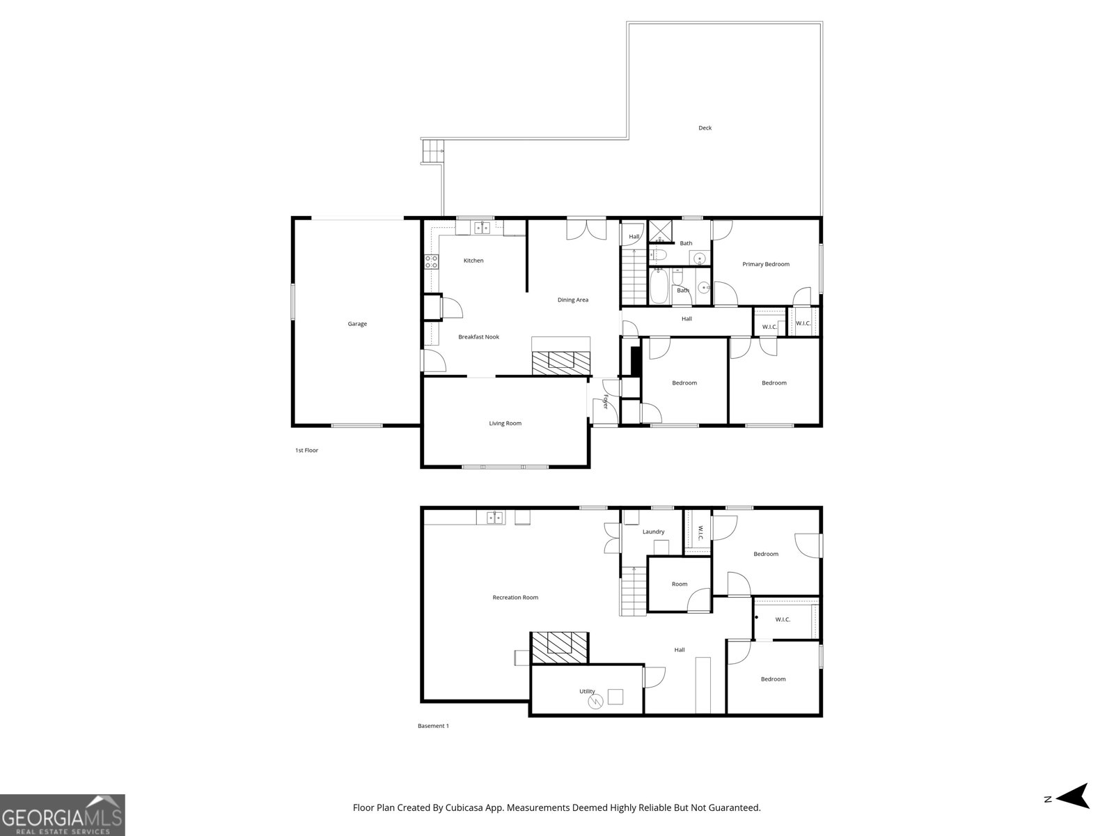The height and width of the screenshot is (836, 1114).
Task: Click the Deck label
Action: click(705, 127)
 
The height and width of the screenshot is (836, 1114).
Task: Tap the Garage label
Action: click(357, 323)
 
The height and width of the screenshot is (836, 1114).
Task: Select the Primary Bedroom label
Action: click(765, 264)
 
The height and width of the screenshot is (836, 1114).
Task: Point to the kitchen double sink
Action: click(482, 227)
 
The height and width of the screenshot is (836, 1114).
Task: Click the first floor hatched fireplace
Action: click(560, 362)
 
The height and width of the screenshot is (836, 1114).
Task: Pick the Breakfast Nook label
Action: click(478, 336)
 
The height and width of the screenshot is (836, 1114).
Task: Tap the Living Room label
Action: click(505, 423)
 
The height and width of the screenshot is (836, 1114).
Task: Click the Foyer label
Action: click(606, 401)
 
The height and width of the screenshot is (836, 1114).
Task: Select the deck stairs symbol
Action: click(433, 150)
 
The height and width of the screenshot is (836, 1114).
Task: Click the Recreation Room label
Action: click(515, 597)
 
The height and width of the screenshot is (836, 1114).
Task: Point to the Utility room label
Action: click(587, 691)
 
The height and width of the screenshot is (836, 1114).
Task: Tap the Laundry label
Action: click(653, 532)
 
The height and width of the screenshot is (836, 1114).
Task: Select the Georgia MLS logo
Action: click(62, 814)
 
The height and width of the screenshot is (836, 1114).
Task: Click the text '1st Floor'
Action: click(306, 450)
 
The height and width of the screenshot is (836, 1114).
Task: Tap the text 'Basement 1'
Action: click(433, 726)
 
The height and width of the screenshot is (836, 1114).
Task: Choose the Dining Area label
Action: click(572, 300)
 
